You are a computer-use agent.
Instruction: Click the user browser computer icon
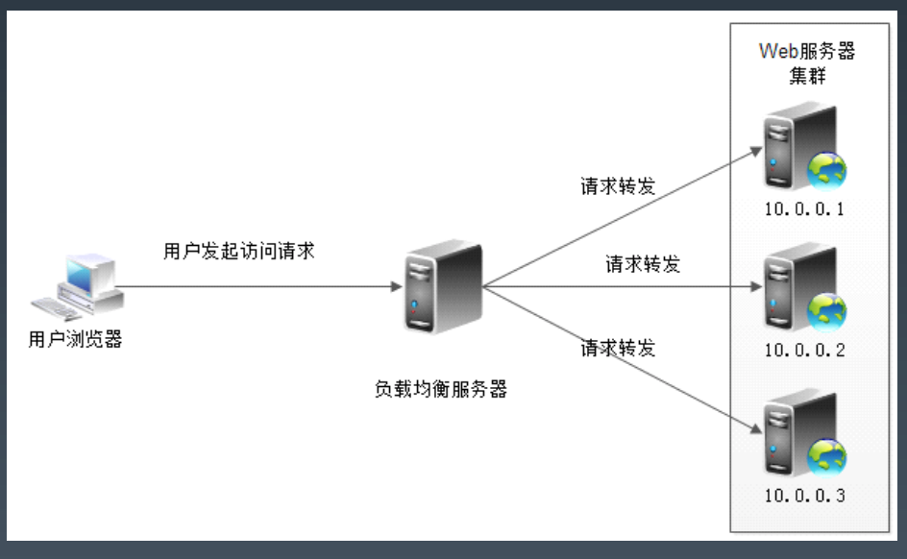tap(79, 285)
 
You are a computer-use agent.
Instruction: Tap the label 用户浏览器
tap(76, 339)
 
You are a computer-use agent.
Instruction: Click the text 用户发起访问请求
tap(239, 252)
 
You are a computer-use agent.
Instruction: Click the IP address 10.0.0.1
tap(804, 209)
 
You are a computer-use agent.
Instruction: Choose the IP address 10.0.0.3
tap(804, 496)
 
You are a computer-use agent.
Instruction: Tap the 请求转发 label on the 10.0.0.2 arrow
tap(643, 264)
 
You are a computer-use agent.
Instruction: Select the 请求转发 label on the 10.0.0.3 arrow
tap(618, 348)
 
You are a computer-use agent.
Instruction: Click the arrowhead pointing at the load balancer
tap(396, 286)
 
